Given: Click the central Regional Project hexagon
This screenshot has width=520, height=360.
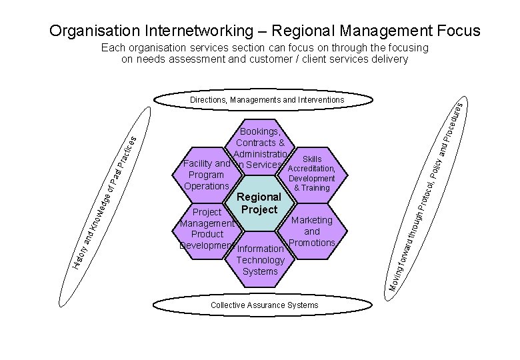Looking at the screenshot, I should click(259, 203).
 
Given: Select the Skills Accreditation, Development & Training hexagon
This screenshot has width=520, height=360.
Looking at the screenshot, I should click(311, 174).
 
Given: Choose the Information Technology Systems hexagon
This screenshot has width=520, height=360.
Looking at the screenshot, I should click(260, 260).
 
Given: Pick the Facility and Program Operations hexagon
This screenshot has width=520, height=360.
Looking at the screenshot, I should click(206, 175).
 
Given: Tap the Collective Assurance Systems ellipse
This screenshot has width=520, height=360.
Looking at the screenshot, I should click(264, 305).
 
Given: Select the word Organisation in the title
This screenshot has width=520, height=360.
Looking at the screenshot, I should click(93, 31).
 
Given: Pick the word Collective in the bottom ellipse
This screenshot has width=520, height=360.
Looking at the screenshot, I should click(228, 305).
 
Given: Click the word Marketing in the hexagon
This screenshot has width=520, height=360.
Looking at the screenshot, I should click(312, 220).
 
